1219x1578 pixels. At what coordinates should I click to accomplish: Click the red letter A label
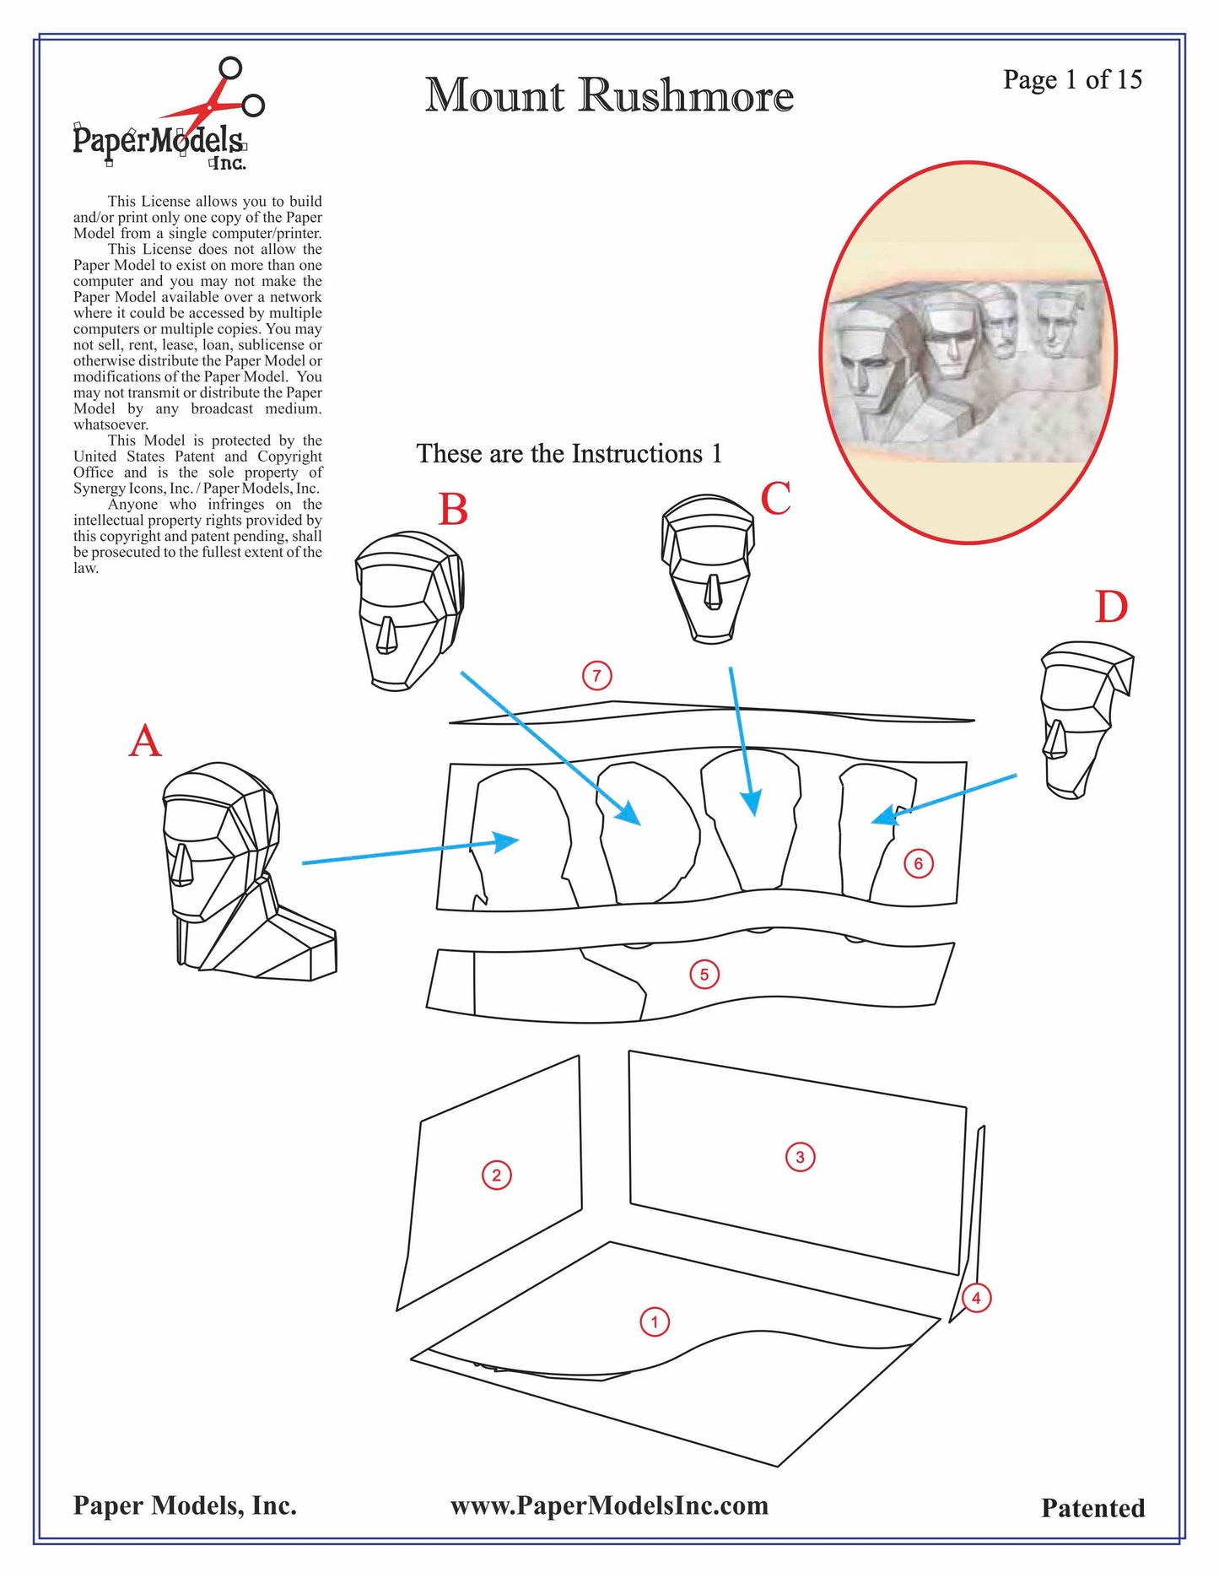tap(144, 742)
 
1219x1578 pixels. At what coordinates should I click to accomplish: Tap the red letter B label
tap(453, 510)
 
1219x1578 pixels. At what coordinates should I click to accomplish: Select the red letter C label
tap(775, 498)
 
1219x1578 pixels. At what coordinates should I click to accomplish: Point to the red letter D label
tap(1111, 607)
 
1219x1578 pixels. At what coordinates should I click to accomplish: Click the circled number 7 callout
tap(597, 675)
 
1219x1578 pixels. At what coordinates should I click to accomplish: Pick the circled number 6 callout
tap(919, 863)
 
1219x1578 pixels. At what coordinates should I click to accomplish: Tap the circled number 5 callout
tap(704, 975)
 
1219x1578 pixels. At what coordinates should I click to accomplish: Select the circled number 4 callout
tap(976, 1298)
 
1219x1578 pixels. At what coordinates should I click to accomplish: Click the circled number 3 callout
tap(800, 1156)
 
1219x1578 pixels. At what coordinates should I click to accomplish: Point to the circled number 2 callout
tap(496, 1175)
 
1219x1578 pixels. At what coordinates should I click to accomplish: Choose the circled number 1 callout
tap(655, 1321)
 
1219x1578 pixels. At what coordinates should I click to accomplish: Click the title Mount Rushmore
tap(609, 95)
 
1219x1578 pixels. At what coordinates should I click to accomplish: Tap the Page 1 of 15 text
tap(1072, 79)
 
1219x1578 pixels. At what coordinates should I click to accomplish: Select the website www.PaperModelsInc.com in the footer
tap(609, 1506)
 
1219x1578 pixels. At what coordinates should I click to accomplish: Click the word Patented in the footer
tap(1093, 1508)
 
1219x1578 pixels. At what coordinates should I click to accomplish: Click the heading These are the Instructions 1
tap(569, 454)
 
